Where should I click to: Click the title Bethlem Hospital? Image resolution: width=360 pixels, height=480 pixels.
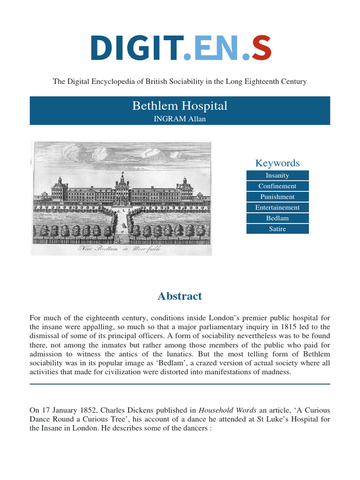180,106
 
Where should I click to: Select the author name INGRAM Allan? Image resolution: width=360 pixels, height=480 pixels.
180,119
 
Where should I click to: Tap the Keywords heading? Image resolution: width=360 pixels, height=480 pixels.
277,163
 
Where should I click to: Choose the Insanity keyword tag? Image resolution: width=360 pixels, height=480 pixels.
277,175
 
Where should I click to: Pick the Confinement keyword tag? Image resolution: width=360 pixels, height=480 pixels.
277,186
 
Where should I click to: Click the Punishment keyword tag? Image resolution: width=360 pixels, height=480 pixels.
277,197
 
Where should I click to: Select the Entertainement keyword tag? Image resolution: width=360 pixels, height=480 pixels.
277,208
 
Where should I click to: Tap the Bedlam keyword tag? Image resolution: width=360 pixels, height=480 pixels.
277,218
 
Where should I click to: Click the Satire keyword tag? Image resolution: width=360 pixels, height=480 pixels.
277,229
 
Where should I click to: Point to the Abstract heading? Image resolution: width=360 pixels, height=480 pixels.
180,296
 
